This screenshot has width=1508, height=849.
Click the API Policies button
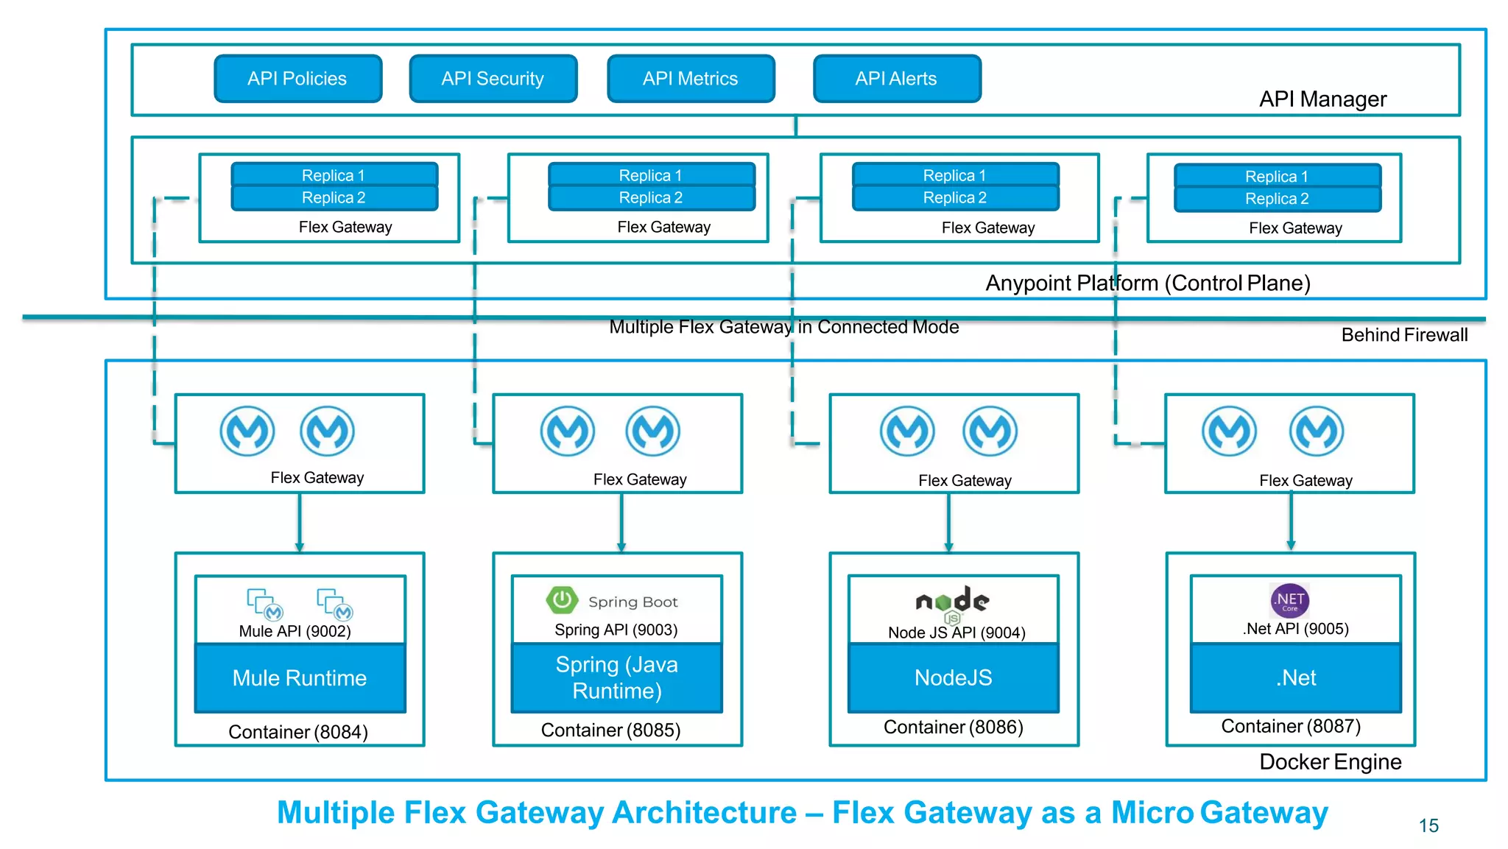[x=297, y=79]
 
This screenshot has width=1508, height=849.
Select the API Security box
[x=493, y=79]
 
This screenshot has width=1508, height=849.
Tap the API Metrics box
[x=691, y=79]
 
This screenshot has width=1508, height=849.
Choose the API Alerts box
[x=896, y=79]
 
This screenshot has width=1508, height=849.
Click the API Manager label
[x=1322, y=99]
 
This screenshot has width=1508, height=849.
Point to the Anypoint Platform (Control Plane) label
[x=1147, y=283]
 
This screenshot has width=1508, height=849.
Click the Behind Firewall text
[x=1403, y=335]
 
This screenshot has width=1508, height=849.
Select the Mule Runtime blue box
[x=300, y=678]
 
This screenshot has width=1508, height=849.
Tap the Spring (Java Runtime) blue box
[x=616, y=678]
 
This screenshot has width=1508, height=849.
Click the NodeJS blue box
[x=953, y=678]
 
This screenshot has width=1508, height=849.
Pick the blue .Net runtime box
[x=1295, y=678]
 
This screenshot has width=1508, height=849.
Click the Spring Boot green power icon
[x=562, y=600]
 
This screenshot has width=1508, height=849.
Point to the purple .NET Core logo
[x=1289, y=601]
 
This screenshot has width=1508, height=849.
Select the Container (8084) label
[x=298, y=732]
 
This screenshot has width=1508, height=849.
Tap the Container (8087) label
[x=1290, y=726]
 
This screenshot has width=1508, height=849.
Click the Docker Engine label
[x=1330, y=762]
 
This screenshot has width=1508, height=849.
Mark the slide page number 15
[x=1428, y=826]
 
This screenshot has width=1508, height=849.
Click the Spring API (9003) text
[x=616, y=630]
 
